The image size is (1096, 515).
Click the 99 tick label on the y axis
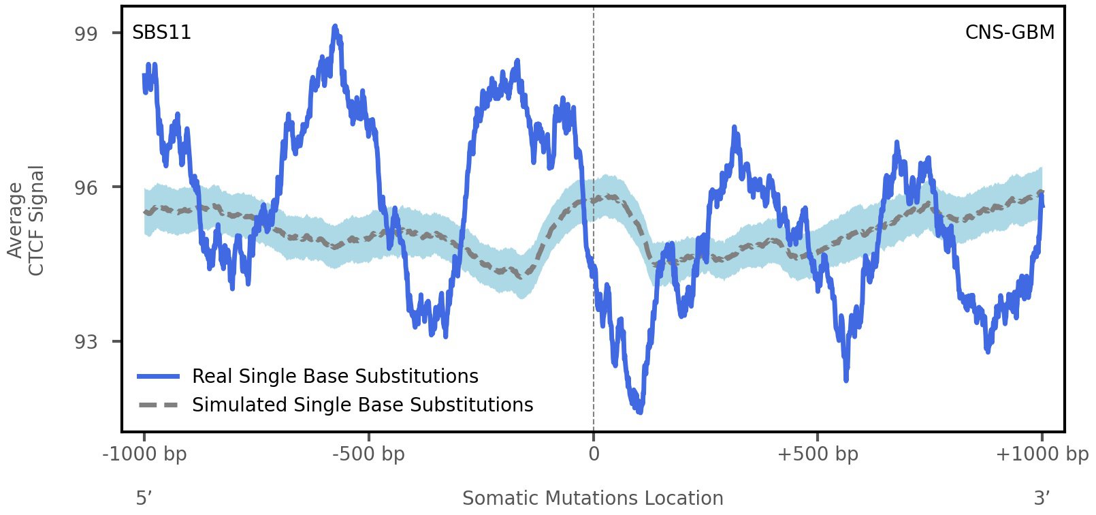point(85,34)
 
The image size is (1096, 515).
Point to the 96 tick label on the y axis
point(85,187)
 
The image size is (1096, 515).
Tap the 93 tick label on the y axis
point(85,341)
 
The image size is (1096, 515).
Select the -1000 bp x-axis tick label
point(144,454)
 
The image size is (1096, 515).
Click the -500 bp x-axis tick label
point(368,454)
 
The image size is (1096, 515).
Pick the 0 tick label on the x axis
point(594,454)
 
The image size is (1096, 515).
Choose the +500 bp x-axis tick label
point(817,454)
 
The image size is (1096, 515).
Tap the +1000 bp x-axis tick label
point(1042,454)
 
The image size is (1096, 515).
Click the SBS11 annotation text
point(161,33)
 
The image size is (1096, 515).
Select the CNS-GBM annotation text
point(1010,33)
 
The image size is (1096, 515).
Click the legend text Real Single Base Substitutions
point(335,377)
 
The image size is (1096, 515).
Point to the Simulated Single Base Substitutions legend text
point(362,405)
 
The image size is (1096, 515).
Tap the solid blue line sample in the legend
point(158,377)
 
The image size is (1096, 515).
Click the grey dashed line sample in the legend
point(158,405)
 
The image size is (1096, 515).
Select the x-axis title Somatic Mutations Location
point(592,499)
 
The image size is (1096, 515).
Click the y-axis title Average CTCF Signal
point(26,221)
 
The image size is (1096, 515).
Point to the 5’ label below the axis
point(144,499)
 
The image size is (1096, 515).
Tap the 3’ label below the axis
point(1042,499)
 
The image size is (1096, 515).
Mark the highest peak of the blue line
point(335,27)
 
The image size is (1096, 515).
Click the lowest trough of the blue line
point(639,411)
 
